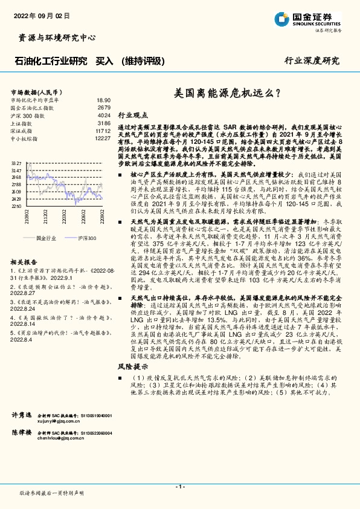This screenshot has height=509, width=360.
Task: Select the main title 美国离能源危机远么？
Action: tap(227, 94)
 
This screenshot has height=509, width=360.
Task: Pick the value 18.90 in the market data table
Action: tap(104, 100)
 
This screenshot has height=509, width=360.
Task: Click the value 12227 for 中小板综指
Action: tap(103, 138)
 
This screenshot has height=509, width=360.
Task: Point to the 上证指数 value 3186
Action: tap(104, 122)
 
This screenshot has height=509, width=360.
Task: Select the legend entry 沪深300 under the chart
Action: tap(86, 238)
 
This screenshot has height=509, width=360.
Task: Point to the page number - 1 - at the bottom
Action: tap(180, 487)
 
